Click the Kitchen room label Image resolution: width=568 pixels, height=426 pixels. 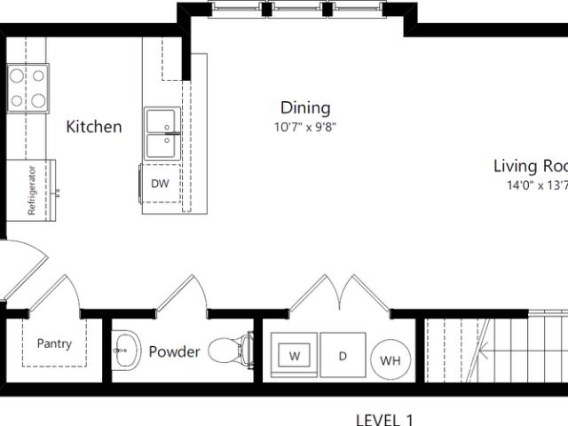tap(94, 127)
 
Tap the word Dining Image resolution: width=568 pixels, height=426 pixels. tap(305, 108)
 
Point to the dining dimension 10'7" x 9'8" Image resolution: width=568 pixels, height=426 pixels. tap(305, 127)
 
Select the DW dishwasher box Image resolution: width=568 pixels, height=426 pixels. tap(160, 184)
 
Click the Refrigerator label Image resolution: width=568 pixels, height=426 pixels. tap(32, 190)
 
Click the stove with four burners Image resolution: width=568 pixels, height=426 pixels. tap(28, 87)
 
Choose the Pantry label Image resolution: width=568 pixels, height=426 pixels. tap(54, 344)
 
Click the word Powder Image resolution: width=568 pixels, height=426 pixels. tap(174, 351)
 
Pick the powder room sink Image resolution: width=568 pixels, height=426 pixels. tap(126, 351)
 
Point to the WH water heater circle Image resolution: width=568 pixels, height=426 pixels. tap(390, 360)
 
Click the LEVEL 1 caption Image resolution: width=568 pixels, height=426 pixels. tap(384, 420)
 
